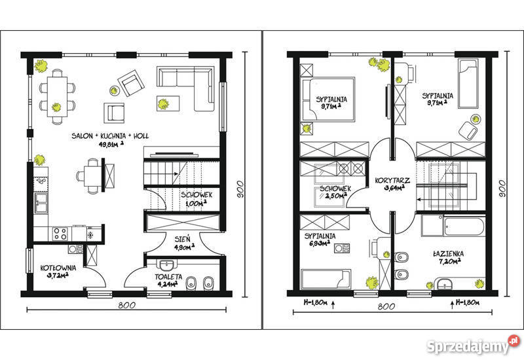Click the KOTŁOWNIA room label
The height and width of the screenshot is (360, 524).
[x=58, y=268]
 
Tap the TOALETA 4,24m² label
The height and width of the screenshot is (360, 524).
[x=168, y=281]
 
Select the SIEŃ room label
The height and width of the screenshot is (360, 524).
[x=183, y=239]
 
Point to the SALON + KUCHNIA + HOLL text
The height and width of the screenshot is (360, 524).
[x=110, y=136]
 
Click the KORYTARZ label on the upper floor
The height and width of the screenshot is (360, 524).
[x=392, y=181]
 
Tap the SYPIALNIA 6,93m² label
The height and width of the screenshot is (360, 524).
[x=320, y=240]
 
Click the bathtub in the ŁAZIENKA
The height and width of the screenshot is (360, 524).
[x=464, y=226]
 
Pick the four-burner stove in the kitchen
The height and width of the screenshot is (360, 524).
[x=60, y=233]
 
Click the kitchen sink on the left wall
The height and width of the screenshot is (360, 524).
[x=41, y=202]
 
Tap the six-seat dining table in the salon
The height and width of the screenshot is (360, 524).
[x=57, y=96]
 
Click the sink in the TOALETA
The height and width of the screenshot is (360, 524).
[x=166, y=265]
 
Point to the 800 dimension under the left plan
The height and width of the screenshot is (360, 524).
[x=126, y=305]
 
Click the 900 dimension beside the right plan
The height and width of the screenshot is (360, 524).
[x=502, y=189]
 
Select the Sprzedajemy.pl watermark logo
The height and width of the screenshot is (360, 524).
[x=474, y=345]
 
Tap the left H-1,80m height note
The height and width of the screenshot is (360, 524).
[x=315, y=302]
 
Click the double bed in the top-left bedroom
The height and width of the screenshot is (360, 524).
[x=328, y=99]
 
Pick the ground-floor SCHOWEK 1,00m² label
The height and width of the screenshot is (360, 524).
[x=196, y=199]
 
